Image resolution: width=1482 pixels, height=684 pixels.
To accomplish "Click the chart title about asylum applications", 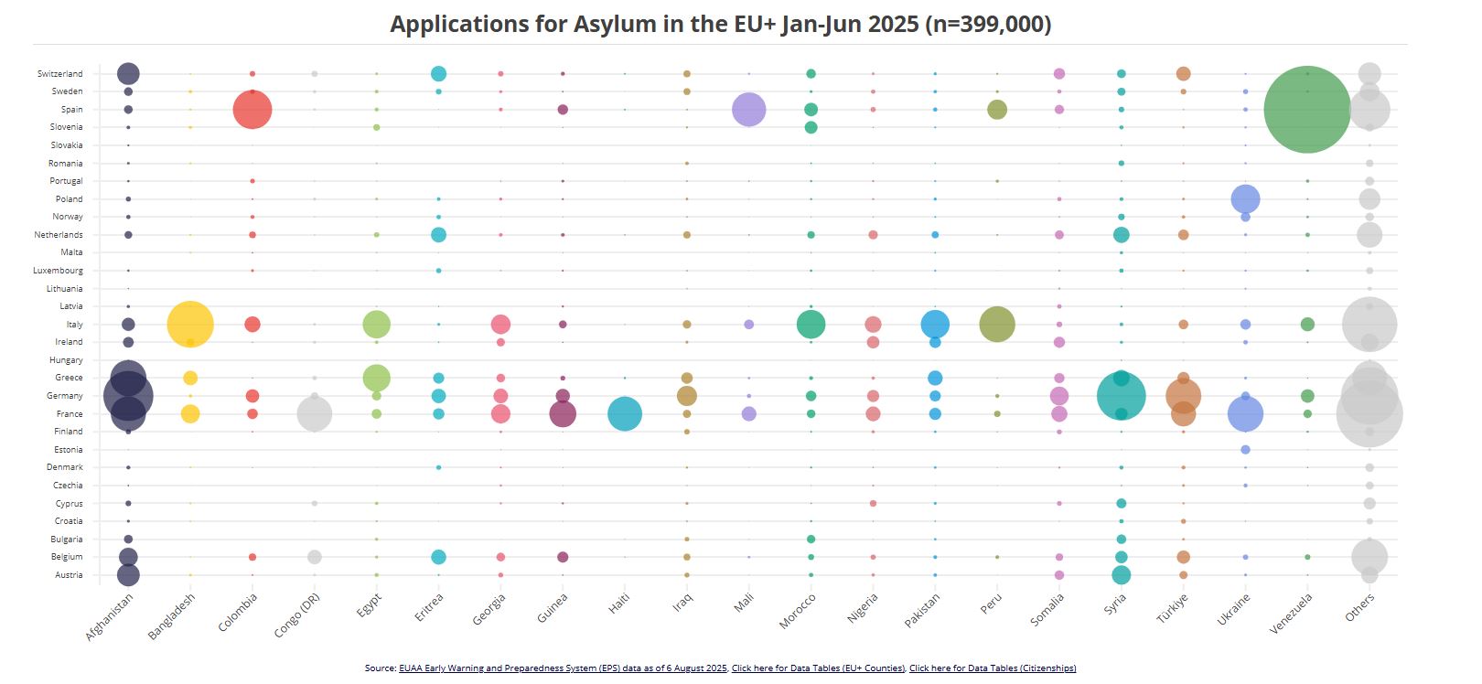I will [720, 24].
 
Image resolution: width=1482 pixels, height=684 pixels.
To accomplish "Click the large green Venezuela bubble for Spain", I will [1307, 110].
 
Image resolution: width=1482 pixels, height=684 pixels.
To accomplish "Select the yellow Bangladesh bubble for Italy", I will [190, 324].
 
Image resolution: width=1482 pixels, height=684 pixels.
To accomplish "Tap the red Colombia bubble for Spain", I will [252, 110].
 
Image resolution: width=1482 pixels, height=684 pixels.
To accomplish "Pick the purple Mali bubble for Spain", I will [749, 110].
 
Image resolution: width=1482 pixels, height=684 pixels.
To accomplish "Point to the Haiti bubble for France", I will [625, 414].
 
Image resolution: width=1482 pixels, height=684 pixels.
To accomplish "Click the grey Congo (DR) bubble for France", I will [315, 414].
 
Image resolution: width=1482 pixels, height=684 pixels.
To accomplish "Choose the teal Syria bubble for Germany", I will [1121, 396].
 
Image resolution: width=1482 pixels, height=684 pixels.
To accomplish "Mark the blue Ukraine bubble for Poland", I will [1245, 198].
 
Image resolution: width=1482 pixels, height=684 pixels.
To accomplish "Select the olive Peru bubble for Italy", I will [997, 324].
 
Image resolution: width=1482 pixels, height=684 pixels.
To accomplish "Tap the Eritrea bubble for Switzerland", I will [438, 74].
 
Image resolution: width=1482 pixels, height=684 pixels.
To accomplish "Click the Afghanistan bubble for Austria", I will [128, 575].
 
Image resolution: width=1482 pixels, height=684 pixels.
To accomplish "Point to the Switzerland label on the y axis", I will [60, 74].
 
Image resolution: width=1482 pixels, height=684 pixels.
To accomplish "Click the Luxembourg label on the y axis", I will [59, 271].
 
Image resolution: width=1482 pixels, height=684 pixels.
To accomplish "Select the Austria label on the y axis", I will [69, 575].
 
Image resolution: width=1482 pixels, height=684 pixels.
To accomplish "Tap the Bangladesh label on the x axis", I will [172, 616].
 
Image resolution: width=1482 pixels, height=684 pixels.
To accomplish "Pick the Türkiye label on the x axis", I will [1173, 608].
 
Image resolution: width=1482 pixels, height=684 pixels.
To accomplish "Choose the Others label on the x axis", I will [1360, 607].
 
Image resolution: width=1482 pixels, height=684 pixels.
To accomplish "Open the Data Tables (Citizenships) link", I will [993, 668].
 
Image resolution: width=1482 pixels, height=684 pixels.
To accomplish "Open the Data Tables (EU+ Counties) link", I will [818, 668].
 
